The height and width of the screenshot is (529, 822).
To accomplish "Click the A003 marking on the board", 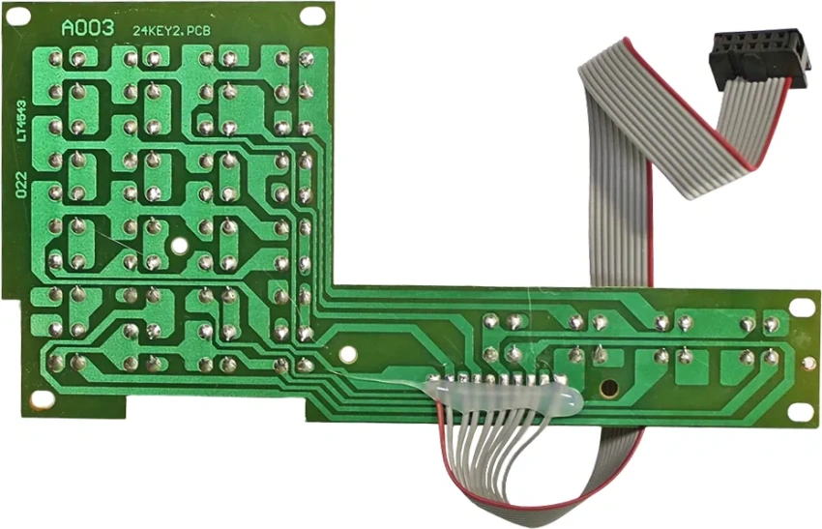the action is click(88, 28).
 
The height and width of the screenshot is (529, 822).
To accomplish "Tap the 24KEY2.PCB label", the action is click(171, 31).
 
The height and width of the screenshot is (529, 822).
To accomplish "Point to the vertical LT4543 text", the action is click(21, 121).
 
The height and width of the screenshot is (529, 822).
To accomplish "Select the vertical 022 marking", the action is click(21, 185).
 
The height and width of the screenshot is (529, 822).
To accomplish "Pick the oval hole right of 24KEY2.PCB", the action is click(312, 15).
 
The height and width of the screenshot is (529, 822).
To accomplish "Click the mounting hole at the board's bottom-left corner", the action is click(42, 400).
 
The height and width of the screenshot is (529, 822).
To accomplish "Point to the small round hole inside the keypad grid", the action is click(179, 245).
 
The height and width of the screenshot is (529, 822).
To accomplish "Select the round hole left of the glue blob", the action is click(348, 355).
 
